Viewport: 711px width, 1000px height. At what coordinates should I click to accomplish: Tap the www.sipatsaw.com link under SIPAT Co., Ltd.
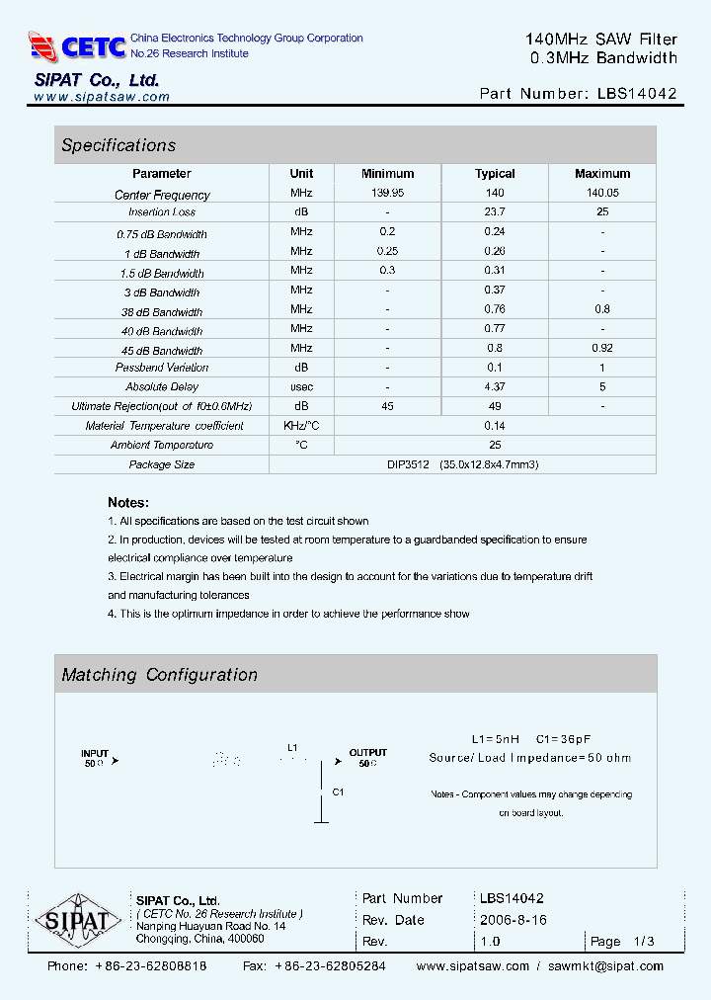102,97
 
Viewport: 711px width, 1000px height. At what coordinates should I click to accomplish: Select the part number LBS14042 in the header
638,95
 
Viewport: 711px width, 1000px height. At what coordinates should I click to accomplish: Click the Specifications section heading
118,145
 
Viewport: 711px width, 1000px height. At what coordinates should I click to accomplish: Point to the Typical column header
495,173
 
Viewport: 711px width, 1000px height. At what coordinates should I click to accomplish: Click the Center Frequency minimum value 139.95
387,194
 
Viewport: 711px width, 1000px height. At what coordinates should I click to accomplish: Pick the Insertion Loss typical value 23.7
495,212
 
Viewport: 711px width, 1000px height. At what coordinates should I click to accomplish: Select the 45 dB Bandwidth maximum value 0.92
602,348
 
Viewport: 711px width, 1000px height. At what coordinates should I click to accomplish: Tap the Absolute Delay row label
162,387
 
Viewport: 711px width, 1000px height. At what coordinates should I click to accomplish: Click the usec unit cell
301,387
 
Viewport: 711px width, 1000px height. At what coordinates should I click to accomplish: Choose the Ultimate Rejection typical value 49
495,406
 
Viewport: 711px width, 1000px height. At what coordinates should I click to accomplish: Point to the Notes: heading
128,502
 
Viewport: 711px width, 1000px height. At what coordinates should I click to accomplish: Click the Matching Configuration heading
159,675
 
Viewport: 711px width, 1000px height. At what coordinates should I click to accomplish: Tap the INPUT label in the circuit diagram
95,753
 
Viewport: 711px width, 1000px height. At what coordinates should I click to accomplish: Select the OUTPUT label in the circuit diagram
368,753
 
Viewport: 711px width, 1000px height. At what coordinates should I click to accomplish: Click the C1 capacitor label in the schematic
338,792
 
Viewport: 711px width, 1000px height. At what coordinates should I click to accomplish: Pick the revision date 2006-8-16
513,920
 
